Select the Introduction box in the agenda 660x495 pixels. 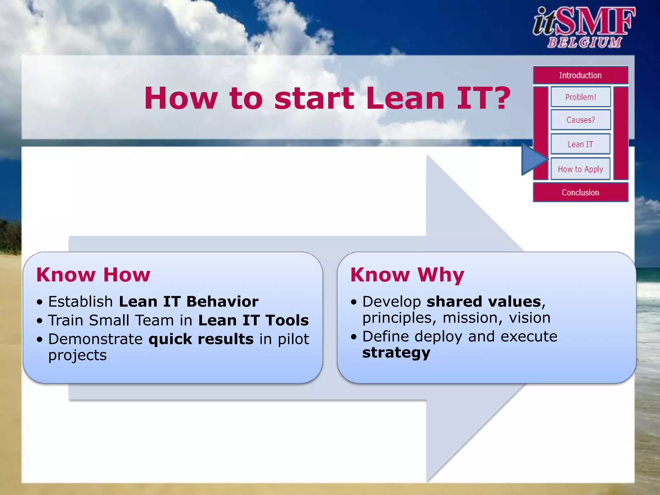(580, 75)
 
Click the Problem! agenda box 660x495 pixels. (580, 97)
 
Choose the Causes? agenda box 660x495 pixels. (580, 120)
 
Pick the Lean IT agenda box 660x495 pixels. (580, 144)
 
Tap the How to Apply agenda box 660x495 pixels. (580, 169)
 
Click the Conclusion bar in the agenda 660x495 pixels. (580, 192)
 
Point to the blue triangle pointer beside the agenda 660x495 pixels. (532, 159)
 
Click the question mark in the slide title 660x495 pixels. (500, 98)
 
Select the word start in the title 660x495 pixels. (314, 98)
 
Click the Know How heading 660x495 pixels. (93, 275)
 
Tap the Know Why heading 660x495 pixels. (407, 275)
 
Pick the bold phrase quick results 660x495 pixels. (201, 339)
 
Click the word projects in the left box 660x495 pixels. (77, 355)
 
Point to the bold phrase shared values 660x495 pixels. (484, 302)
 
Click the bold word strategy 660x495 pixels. (396, 353)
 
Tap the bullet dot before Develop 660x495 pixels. (354, 302)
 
